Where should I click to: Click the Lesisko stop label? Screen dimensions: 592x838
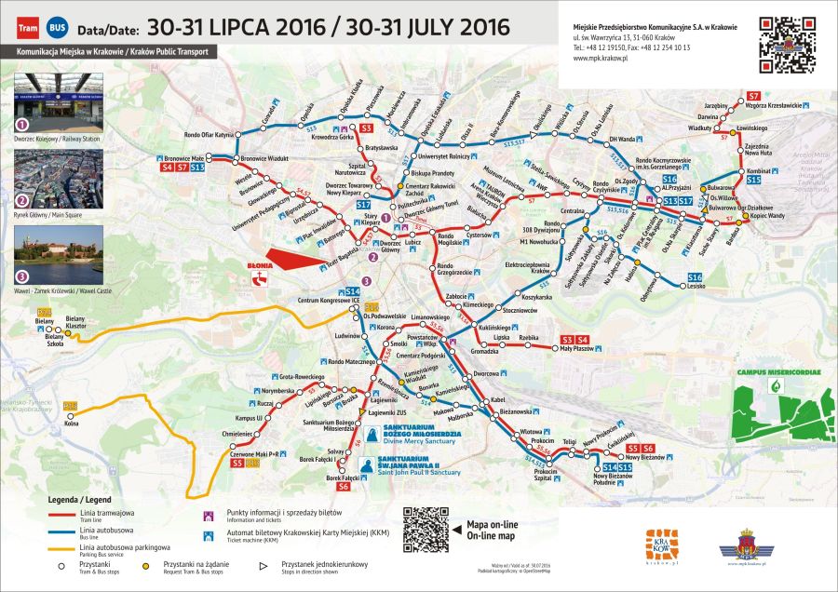point(696,288)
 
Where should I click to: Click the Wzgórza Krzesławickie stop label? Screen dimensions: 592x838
point(772,105)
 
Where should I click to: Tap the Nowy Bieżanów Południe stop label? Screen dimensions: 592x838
point(606,480)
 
